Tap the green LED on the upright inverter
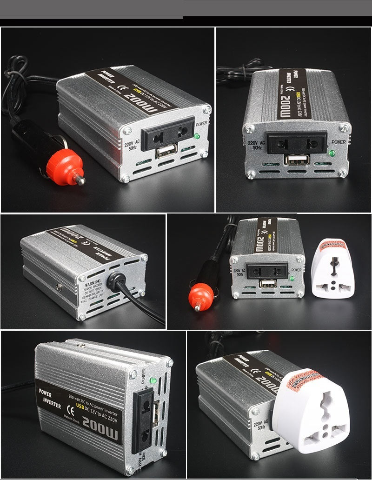click(x=153, y=381)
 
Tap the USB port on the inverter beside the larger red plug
click(x=166, y=152)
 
